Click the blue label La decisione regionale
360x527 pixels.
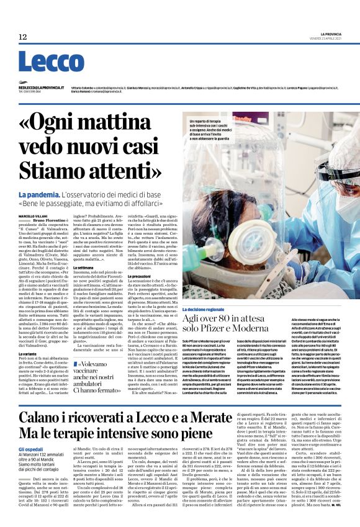coord(210,309)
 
